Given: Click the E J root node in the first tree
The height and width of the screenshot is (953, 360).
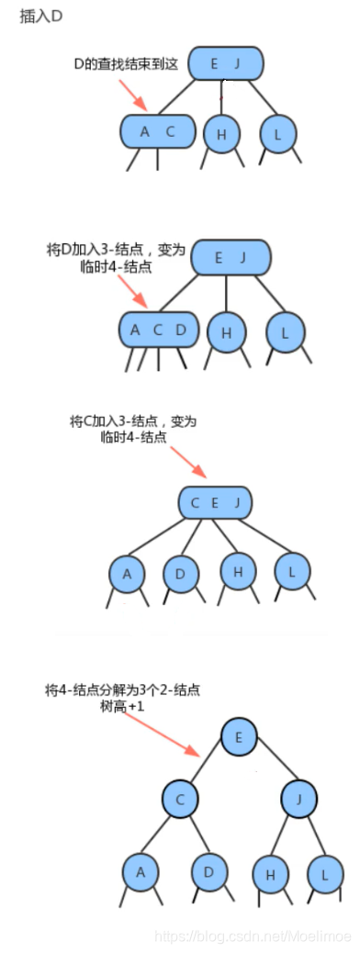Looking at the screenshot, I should (x=226, y=63).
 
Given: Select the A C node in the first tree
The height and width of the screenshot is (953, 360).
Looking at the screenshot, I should (x=157, y=131).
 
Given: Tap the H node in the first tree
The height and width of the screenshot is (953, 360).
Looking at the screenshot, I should (x=221, y=134).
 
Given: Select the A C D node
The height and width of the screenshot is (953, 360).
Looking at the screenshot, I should (x=158, y=330).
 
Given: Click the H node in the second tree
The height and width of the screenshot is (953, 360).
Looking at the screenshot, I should (x=226, y=331).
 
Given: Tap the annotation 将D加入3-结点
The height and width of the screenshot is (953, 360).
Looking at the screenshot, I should (x=116, y=250).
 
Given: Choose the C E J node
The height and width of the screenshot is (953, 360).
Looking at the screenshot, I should (x=215, y=502).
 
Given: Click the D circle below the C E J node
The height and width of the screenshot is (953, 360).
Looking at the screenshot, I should (x=181, y=574).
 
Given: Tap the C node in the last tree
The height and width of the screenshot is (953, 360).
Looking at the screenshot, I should (x=181, y=800).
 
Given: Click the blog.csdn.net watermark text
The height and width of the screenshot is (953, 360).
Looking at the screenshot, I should (x=253, y=935).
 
